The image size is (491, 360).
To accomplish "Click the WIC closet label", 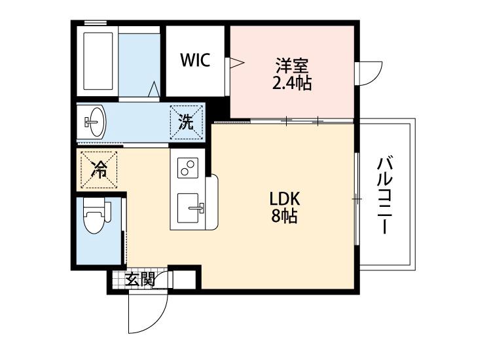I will point(195,61).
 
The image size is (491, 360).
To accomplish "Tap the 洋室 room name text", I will point(292,66).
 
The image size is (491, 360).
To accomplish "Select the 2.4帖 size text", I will point(292,83).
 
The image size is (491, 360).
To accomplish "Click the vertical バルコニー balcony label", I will point(384,194).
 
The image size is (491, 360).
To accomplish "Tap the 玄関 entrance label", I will point(139,280).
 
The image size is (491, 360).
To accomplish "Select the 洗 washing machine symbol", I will point(187,121).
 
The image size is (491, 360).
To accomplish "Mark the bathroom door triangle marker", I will point(153,89).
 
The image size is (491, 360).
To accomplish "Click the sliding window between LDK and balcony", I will point(357,198).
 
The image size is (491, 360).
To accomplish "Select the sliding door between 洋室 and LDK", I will point(301,120).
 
